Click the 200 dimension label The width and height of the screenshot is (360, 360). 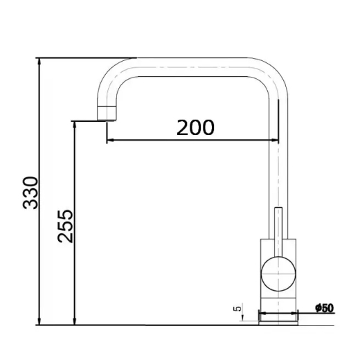(x=195, y=127)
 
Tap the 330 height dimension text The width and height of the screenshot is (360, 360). (x=30, y=193)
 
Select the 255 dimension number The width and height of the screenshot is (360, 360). (x=65, y=226)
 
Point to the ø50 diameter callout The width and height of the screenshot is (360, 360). (x=325, y=308)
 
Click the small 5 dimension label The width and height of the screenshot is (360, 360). (x=237, y=308)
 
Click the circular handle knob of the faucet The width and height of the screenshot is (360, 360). (x=278, y=274)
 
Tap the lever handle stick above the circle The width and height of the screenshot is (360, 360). (x=278, y=232)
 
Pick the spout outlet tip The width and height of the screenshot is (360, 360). (x=107, y=114)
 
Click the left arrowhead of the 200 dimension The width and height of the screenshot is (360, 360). (x=110, y=140)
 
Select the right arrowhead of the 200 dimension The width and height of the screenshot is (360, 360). (x=275, y=140)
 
